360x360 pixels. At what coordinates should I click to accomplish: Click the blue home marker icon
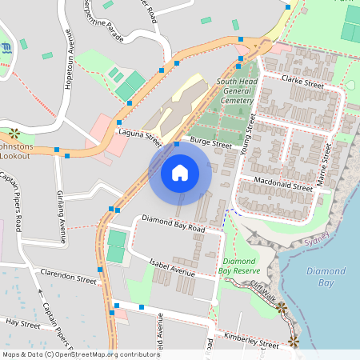tap(180, 172)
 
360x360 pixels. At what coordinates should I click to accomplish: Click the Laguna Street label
tap(141, 137)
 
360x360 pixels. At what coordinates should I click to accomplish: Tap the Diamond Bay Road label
tap(174, 223)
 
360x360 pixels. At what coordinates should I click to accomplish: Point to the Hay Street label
tap(23, 323)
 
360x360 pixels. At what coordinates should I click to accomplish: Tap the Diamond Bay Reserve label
tap(239, 266)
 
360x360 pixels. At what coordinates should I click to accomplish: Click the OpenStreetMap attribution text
tap(80, 354)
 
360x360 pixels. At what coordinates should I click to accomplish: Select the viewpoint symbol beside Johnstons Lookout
tap(14, 133)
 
